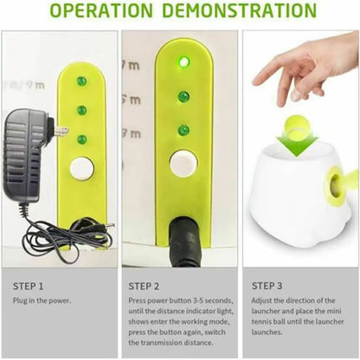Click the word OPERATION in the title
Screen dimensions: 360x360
click(101, 10)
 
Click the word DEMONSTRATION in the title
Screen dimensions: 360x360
click(240, 10)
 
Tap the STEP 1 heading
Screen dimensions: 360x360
click(28, 286)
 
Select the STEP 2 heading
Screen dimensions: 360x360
click(144, 286)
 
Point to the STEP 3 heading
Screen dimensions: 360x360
click(267, 286)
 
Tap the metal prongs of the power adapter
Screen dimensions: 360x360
click(61, 132)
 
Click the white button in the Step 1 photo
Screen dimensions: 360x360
click(81, 169)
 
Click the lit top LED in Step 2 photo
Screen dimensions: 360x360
click(183, 61)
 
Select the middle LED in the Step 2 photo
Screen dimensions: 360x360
click(183, 97)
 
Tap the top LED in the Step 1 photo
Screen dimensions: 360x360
click(81, 80)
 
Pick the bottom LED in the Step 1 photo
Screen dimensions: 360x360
click(82, 139)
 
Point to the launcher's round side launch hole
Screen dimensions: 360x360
click(336, 183)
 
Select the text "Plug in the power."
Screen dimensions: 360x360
click(42, 300)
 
